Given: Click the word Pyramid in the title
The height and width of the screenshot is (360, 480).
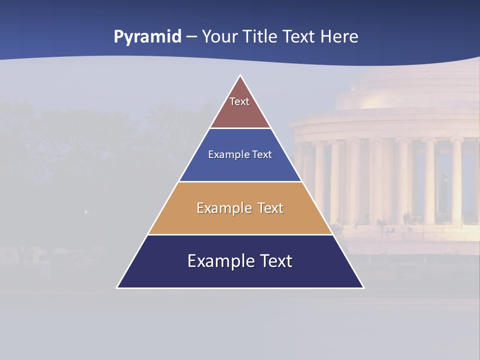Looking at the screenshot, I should pos(147,37).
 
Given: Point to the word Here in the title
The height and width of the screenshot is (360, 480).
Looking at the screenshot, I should pos(339,36).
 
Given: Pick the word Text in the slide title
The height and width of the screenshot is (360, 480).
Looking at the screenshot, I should pos(299,36).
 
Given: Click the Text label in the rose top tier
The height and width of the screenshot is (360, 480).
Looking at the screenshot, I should pos(239,101).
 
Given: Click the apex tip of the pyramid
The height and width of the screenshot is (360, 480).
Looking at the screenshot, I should pos(240,76).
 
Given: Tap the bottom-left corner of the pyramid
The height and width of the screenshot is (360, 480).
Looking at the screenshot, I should pos(117,287).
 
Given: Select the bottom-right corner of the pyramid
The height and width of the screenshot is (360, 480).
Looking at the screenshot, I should pos(363,287).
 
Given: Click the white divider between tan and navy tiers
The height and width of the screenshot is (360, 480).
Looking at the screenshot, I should pos(240,234).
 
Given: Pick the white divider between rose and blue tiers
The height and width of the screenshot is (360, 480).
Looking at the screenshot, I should pos(240,128).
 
